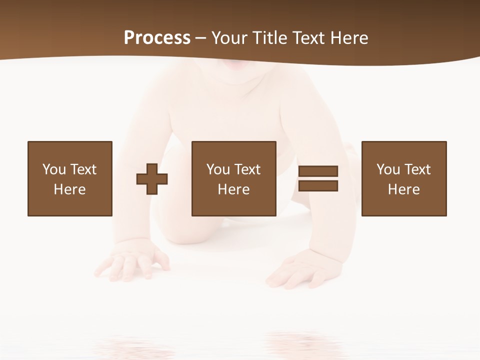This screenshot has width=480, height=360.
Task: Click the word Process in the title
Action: [x=157, y=37]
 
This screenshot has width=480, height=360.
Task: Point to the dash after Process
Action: [x=200, y=38]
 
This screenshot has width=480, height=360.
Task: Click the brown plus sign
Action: [x=152, y=179]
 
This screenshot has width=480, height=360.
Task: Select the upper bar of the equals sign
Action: [x=318, y=171]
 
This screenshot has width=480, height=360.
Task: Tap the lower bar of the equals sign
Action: [x=318, y=186]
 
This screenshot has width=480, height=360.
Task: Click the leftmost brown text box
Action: [x=69, y=178]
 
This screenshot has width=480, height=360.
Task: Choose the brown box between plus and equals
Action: [x=233, y=178]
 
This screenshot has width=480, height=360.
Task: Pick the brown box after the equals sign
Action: [x=403, y=178]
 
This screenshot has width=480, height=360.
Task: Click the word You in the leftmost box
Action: [x=54, y=169]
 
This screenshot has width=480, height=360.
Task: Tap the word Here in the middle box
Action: [x=233, y=189]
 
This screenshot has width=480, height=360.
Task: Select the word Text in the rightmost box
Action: [x=417, y=169]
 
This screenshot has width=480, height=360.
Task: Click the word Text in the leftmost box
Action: [x=83, y=169]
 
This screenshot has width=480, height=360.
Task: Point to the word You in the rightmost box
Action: [x=388, y=169]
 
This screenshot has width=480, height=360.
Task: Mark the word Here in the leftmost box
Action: [x=69, y=189]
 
